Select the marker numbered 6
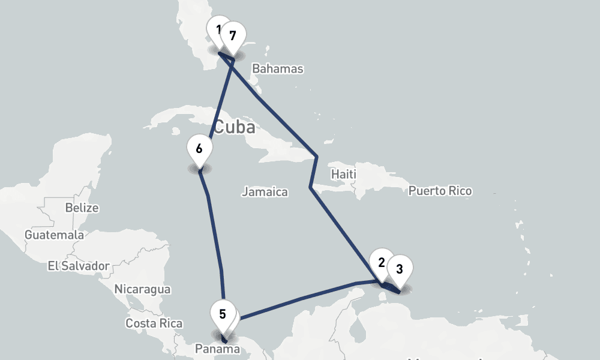tap(199, 148)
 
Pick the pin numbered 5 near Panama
tap(223, 314)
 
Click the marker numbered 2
tap(381, 262)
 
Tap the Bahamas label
tap(277, 68)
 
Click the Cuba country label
tap(234, 127)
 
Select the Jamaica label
tap(265, 192)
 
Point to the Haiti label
tap(344, 175)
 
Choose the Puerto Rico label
tap(440, 191)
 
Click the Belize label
tap(82, 208)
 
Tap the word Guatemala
tap(54, 235)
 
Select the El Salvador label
tap(79, 266)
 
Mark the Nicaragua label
tap(142, 290)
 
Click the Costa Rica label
tap(154, 323)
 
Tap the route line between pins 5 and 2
tap(300, 298)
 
